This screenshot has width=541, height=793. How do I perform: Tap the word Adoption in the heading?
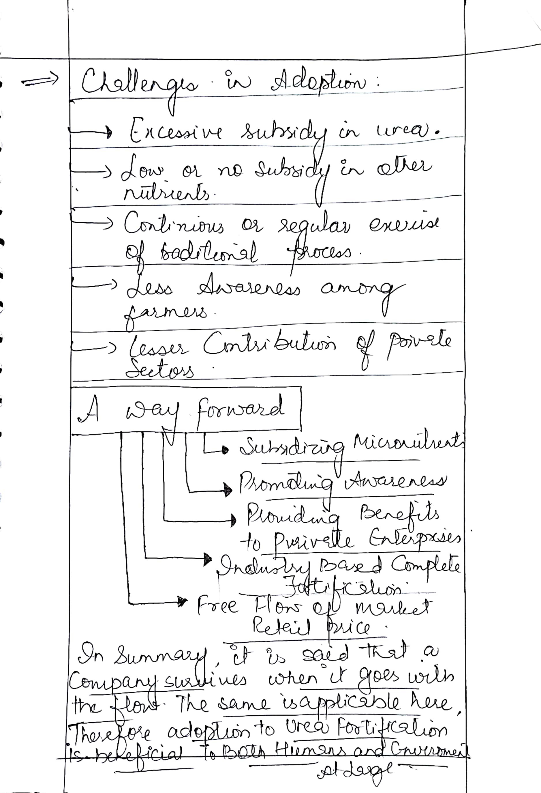coord(319,83)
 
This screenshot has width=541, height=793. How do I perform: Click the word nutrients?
coord(169,195)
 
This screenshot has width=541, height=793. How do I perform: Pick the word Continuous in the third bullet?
coord(174,225)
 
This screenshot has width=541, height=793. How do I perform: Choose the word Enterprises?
coord(414,539)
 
